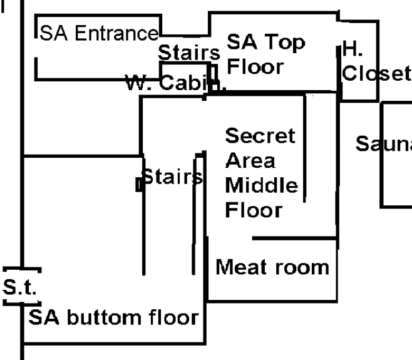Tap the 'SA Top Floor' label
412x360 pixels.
click(257, 54)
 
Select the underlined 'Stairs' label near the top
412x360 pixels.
click(188, 53)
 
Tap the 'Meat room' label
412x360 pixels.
click(272, 267)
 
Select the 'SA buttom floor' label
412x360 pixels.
click(114, 317)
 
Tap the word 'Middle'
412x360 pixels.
click(261, 185)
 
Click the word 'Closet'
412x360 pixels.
click(376, 73)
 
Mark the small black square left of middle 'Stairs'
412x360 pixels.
click(139, 185)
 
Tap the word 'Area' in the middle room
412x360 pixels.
click(250, 161)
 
